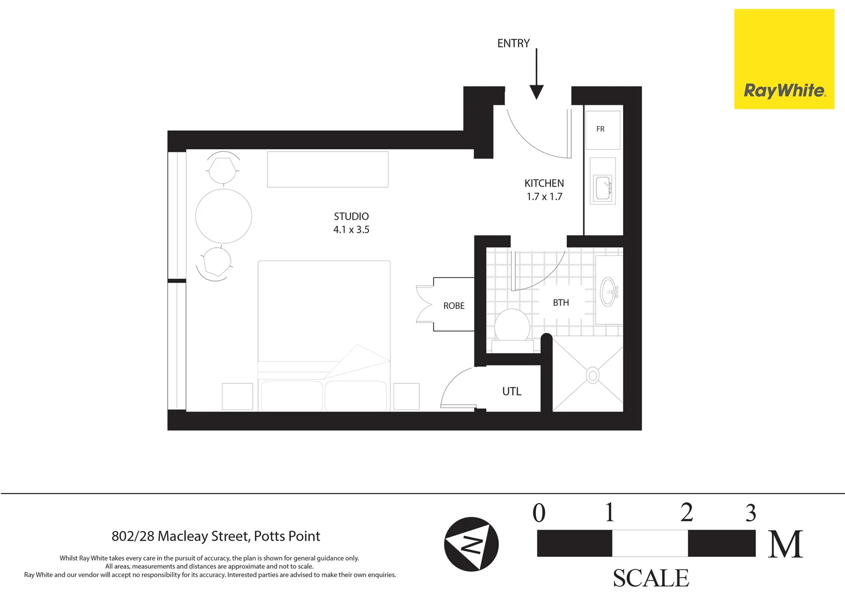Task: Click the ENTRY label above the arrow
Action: point(513,43)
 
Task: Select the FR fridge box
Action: point(603,129)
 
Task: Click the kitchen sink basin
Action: point(602,189)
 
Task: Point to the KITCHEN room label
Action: point(544,183)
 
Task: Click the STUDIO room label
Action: point(351,216)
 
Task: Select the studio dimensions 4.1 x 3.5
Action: point(351,230)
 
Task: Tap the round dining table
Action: point(223,216)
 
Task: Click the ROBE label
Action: point(453,306)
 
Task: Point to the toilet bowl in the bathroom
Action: point(512,325)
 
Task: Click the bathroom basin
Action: point(609,291)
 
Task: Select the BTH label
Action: point(561,302)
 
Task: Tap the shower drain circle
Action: point(593,375)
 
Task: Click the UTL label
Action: point(512,391)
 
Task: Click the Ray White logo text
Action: point(784,91)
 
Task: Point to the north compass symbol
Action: point(471,544)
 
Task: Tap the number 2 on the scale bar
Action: point(687,512)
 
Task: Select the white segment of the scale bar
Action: point(650,543)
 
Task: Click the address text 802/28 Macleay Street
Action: point(216,536)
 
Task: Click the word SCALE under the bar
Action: point(651,578)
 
